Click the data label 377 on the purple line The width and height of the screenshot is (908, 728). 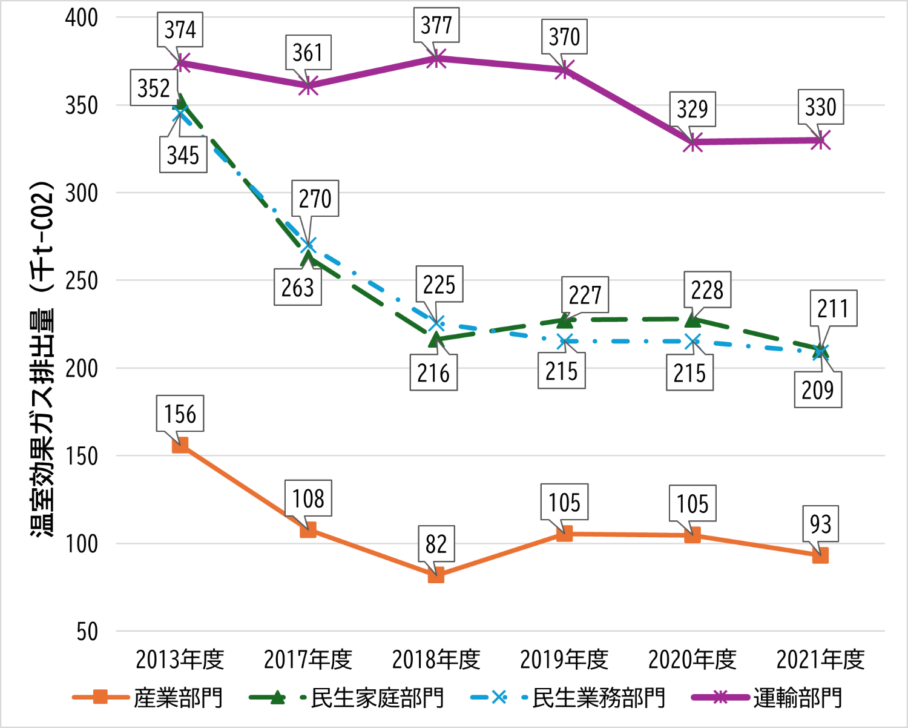tap(436, 25)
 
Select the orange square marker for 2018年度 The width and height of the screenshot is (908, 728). tap(436, 575)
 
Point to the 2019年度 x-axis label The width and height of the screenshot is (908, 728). tap(564, 660)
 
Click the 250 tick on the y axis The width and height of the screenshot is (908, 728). tap(82, 281)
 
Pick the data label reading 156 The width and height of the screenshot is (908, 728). tap(180, 414)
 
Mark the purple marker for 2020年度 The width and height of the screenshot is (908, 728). tap(693, 142)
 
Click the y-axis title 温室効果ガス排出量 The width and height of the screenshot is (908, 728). tap(43, 357)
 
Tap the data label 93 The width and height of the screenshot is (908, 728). tap(820, 524)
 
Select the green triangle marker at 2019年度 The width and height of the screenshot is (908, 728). tap(564, 320)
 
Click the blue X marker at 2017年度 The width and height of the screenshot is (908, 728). tap(308, 246)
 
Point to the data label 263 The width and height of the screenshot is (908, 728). tap(297, 288)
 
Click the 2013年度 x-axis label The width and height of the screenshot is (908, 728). tap(180, 660)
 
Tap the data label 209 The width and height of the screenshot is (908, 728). tap(818, 390)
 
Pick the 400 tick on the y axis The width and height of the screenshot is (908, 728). tap(82, 18)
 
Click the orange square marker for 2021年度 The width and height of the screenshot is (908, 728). tap(820, 555)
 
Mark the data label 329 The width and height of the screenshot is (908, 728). tap(692, 110)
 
